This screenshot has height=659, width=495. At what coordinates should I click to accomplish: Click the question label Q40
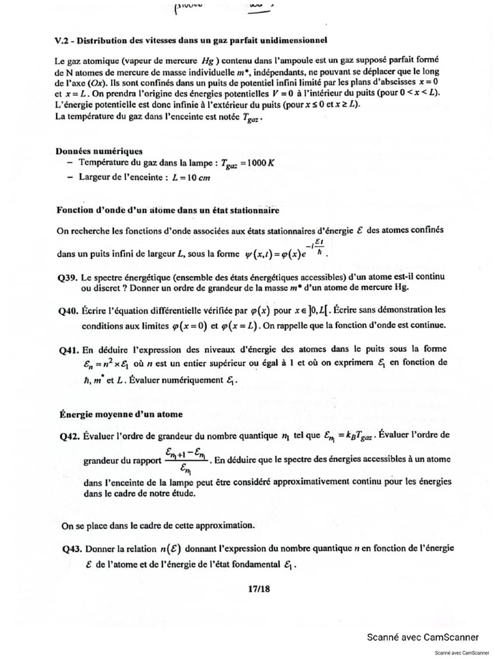pos(68,310)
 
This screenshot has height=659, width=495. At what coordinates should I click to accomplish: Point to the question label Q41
pos(68,351)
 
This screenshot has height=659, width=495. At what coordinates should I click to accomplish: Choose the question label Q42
pos(68,436)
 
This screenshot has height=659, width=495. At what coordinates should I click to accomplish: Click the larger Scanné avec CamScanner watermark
pos(422,637)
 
